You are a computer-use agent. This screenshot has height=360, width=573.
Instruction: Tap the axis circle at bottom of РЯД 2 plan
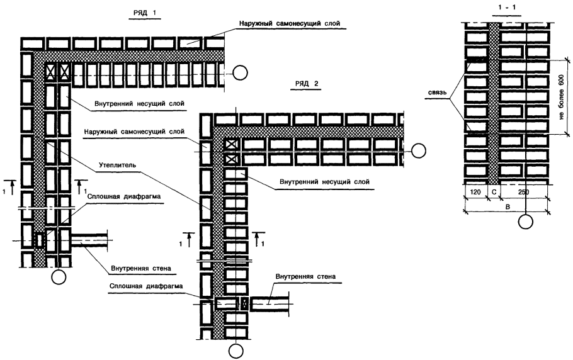click(236, 350)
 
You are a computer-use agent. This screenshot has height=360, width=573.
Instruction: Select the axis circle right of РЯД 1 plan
click(239, 73)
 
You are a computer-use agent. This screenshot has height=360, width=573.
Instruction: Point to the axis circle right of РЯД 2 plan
click(418, 151)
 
